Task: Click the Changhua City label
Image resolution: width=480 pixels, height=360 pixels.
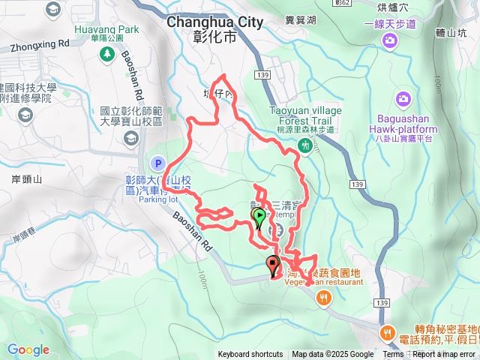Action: coord(214,22)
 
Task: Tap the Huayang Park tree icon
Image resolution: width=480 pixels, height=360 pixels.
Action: coord(107,55)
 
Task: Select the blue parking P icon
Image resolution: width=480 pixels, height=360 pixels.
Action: coord(157,163)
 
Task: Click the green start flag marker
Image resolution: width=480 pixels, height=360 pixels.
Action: coord(259,218)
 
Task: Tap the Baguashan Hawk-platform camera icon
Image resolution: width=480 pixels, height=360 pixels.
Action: coord(403,99)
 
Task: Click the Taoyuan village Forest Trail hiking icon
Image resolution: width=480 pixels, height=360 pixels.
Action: coord(304,145)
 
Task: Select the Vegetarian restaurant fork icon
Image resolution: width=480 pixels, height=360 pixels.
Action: coord(323,298)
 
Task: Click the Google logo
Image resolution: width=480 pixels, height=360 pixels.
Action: coord(28,349)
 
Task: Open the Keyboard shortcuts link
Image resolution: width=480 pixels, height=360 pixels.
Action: coord(250,355)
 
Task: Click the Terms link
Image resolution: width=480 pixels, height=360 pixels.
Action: coord(393,355)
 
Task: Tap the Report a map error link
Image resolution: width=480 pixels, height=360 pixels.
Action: coord(447,355)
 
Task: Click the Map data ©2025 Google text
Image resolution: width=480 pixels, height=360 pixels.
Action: coord(332,355)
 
